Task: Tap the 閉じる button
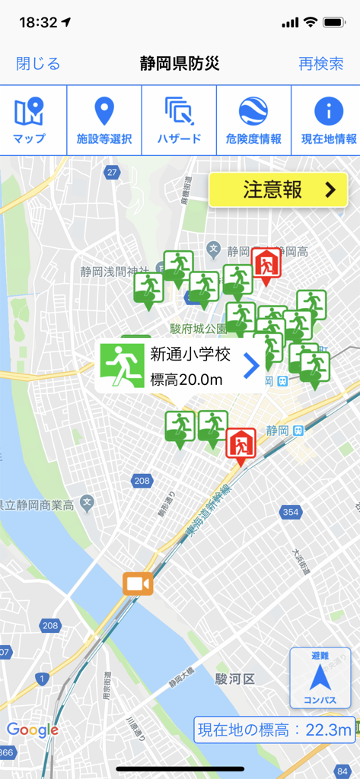[38, 64]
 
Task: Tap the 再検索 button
[321, 64]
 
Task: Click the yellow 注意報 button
[279, 190]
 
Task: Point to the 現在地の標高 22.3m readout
[275, 730]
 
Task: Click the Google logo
[32, 730]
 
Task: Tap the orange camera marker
[138, 583]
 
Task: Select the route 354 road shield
[290, 512]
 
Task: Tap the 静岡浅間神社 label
[114, 271]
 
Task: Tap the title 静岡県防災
[180, 64]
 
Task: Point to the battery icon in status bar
[334, 23]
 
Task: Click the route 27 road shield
[113, 173]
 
